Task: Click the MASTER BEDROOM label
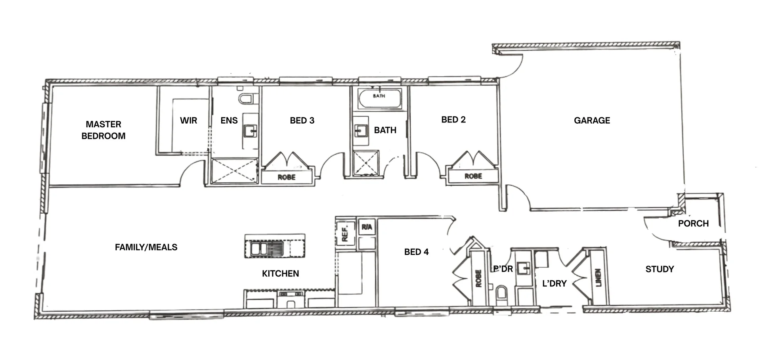[103, 130]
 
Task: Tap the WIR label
[188, 121]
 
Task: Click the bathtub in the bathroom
[379, 98]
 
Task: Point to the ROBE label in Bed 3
[287, 177]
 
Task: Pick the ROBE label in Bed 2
[473, 176]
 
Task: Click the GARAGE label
[592, 121]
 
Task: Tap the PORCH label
[693, 224]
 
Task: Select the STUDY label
[660, 269]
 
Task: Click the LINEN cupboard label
[598, 277]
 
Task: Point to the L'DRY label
[554, 283]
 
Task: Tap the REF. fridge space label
[344, 234]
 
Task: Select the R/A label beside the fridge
[367, 227]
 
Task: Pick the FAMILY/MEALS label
[146, 247]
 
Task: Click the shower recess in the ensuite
[234, 171]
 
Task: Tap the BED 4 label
[416, 252]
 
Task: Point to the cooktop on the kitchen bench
[291, 294]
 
